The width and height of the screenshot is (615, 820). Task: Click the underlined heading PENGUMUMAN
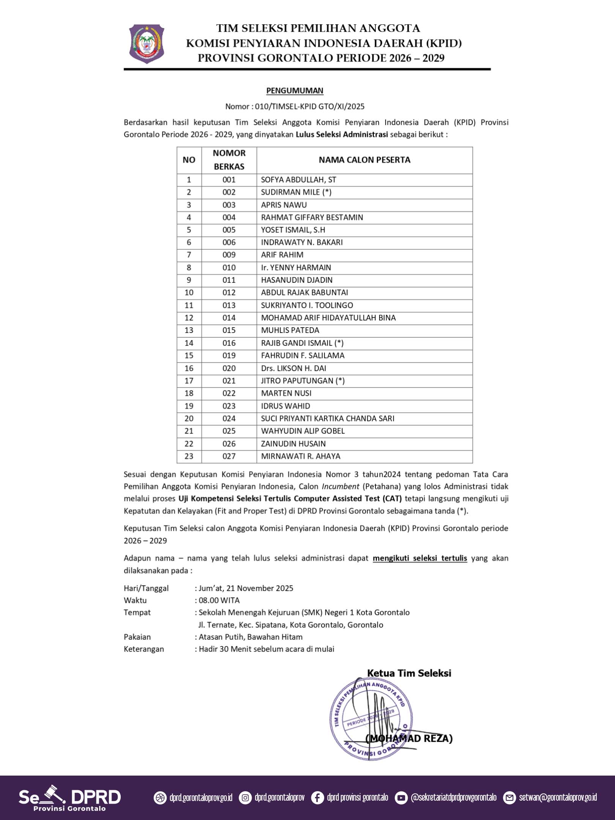(295, 91)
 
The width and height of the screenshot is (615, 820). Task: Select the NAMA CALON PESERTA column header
(364, 160)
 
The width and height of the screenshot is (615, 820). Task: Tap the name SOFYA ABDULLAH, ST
(298, 180)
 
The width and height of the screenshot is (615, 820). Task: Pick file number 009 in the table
(229, 255)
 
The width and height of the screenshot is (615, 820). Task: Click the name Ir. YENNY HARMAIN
(296, 268)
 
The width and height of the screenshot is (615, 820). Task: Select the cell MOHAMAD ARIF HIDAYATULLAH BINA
(328, 318)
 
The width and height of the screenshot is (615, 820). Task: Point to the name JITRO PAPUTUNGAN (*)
(303, 381)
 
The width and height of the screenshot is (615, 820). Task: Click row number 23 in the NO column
(189, 456)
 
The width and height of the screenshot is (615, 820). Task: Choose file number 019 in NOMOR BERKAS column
(229, 356)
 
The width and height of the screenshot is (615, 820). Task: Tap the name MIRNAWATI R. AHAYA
(300, 456)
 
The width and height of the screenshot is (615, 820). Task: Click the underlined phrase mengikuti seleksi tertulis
(419, 558)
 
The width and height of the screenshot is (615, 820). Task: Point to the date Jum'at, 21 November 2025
(246, 588)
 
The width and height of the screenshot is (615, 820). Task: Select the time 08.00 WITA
(219, 600)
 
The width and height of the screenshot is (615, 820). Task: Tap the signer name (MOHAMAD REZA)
(409, 738)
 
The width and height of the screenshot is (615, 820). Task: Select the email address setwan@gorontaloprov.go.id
(558, 798)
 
